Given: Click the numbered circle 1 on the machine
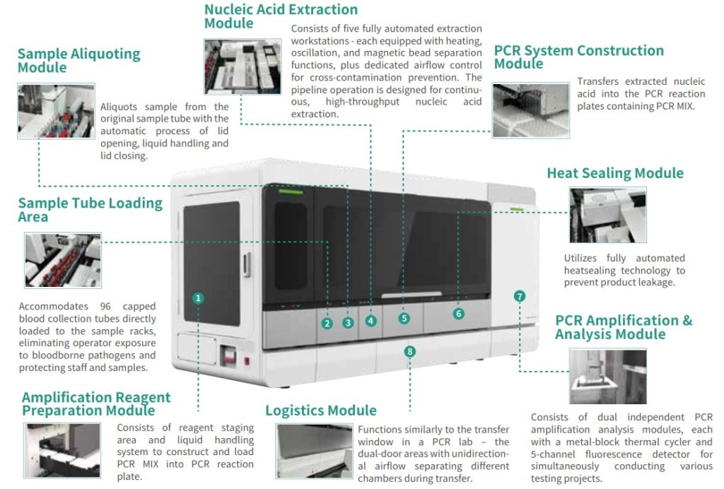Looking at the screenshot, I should coord(199,298).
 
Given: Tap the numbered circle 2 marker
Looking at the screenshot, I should coord(327,323).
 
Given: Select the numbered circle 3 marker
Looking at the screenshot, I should coord(348,323).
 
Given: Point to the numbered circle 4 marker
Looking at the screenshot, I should coord(370,321).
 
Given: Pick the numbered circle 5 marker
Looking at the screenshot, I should coord(404,318).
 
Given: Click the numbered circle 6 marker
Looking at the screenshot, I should coord(459,313).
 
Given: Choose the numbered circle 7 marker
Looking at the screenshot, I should coord(520,296).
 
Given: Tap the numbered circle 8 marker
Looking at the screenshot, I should coord(410,350).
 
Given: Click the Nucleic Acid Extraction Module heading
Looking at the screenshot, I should coord(281,16).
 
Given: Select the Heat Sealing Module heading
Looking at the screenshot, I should coord(615,173).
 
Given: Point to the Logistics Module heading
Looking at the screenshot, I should coord(321,411).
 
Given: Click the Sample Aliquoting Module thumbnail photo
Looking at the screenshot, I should coord(56,110).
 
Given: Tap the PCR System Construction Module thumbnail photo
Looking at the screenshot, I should coord(530,110).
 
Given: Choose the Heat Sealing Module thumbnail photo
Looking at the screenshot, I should coord(607,215).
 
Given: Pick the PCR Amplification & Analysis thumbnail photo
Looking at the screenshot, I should coord(607,376).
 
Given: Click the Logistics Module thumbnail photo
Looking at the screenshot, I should coord(313,450).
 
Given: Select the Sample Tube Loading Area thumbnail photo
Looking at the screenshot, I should coord(63,261).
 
